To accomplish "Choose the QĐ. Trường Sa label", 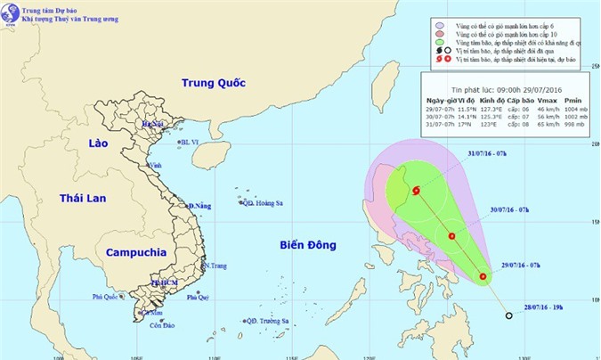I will pos(270,321).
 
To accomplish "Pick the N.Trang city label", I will pos(215,266).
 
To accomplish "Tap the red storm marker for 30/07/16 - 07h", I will pos(452,236).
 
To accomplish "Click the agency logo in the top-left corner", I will pos(11,13).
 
